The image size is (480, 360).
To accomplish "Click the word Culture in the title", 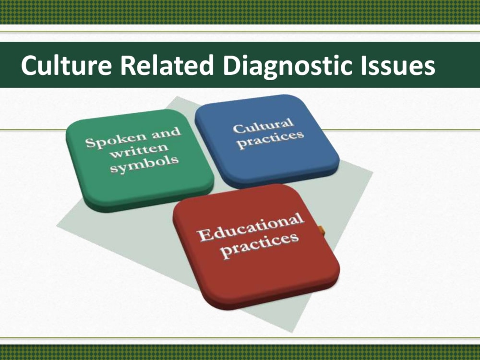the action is click(66, 65).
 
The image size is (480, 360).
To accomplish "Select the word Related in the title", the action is click(167, 65).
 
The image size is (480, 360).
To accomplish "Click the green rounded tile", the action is click(140, 161).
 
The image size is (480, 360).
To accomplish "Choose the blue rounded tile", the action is click(267, 141).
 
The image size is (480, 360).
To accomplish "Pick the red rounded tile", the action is click(256, 246).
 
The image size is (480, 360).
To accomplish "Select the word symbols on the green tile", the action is click(144, 164).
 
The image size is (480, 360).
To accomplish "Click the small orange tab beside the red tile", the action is click(321, 230).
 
